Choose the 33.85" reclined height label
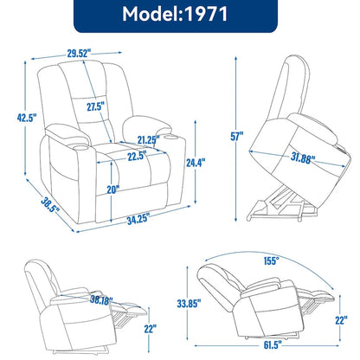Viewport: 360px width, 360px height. coord(174,303)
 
